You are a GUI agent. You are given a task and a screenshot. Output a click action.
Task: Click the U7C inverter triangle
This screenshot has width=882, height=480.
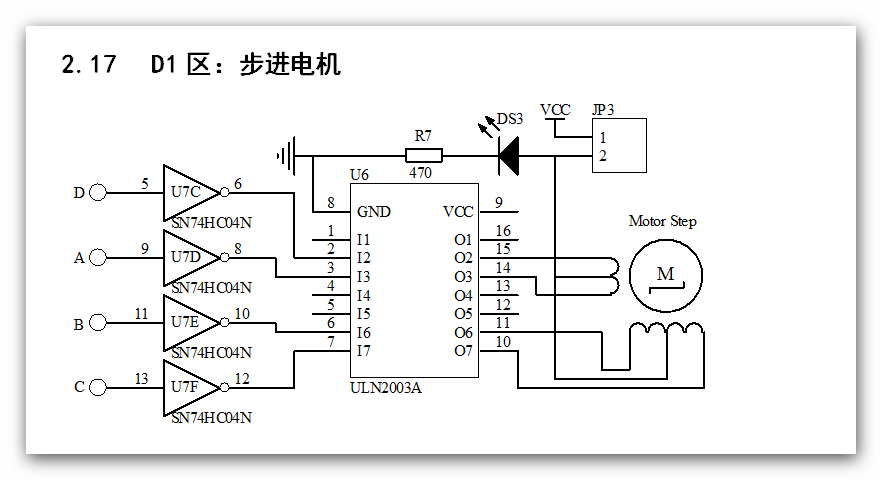(x=188, y=192)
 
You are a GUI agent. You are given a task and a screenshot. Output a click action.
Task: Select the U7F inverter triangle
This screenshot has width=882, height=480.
(x=188, y=387)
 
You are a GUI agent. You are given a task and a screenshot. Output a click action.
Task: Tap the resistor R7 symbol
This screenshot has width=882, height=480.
(x=424, y=155)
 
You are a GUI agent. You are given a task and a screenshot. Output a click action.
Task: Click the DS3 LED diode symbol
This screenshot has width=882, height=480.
(x=509, y=155)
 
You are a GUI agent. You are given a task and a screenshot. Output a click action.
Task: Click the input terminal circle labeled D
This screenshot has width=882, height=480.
(x=98, y=193)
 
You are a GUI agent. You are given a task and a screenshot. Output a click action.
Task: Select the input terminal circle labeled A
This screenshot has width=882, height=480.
(x=98, y=258)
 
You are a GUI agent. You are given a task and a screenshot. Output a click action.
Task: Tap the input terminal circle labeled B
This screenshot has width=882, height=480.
(x=98, y=322)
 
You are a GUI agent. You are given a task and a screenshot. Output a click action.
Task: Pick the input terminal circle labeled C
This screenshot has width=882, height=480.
(x=98, y=387)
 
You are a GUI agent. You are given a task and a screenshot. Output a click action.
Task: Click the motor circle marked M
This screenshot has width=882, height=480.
(x=666, y=274)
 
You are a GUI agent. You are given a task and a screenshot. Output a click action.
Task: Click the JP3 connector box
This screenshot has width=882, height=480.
(x=618, y=145)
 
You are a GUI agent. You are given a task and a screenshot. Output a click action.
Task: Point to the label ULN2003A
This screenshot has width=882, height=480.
(x=386, y=388)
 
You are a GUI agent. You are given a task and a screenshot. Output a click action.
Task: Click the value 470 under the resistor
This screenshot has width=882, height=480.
(x=421, y=173)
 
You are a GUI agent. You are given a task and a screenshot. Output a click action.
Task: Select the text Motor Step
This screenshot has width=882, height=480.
(x=662, y=221)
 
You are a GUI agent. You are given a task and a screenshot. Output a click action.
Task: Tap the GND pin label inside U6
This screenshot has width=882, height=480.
(x=374, y=212)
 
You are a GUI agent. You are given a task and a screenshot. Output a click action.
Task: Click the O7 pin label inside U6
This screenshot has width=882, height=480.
(x=463, y=351)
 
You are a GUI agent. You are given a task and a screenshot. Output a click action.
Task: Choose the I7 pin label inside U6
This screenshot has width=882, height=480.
(x=364, y=351)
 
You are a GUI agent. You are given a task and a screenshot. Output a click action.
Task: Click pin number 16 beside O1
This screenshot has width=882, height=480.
(x=503, y=231)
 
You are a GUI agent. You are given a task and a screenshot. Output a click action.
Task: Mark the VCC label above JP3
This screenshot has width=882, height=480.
(x=555, y=110)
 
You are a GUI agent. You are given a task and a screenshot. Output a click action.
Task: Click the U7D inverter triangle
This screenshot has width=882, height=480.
(x=188, y=257)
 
